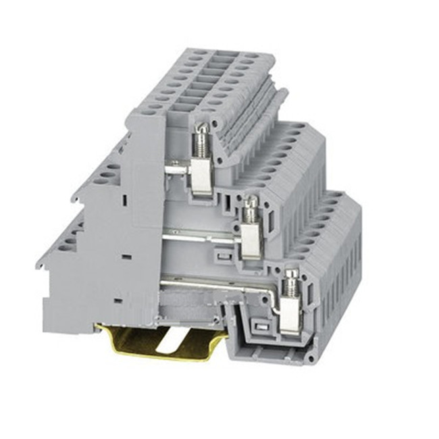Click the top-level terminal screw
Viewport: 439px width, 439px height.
pos(201,142)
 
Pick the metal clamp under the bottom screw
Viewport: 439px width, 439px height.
pos(291,315)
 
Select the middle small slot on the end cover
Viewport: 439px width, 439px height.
pos(126,257)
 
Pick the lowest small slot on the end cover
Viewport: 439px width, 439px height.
pos(118,297)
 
